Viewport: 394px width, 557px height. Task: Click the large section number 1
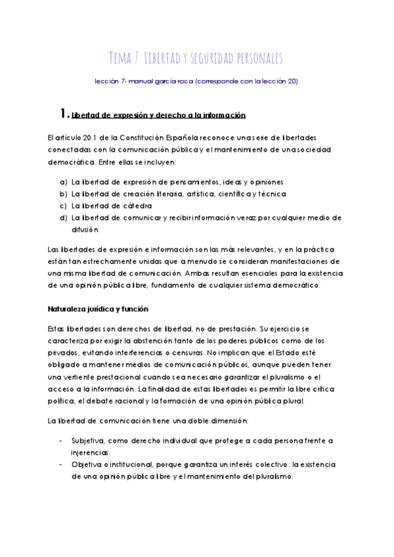click(x=62, y=114)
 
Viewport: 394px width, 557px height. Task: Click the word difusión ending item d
click(x=85, y=230)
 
